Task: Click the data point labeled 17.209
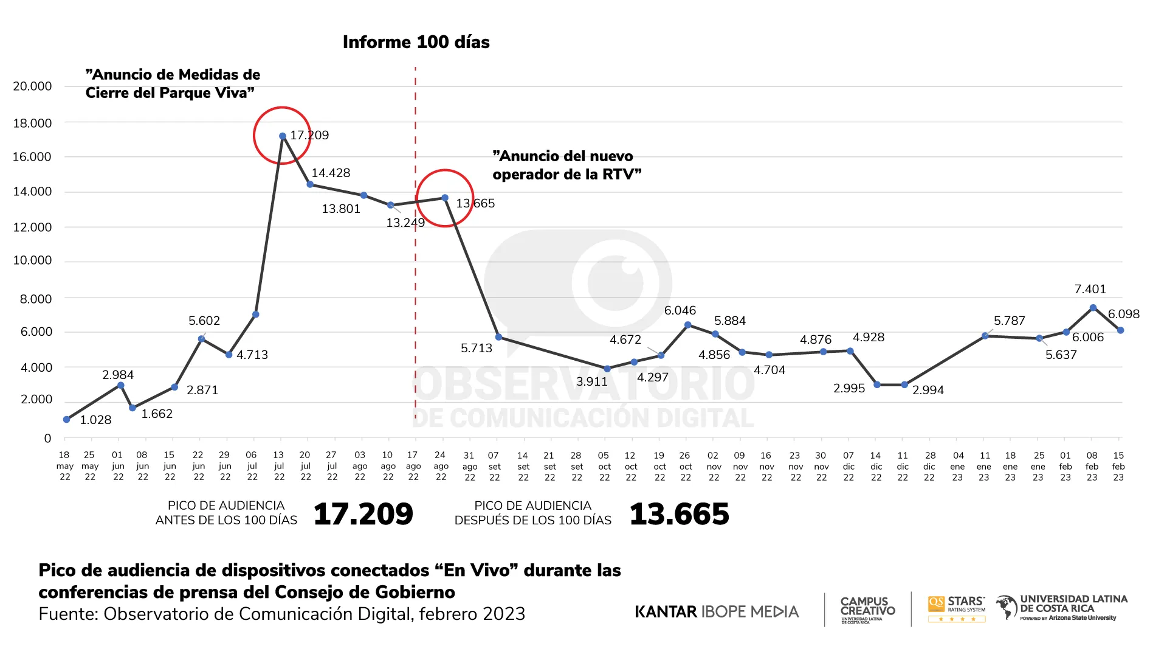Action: coord(283,136)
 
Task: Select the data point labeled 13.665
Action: coord(445,198)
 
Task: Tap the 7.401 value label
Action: coord(1090,290)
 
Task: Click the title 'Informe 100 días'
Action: coord(416,42)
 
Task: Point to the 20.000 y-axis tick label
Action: coord(33,86)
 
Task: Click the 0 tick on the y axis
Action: coord(47,439)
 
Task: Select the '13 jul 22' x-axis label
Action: coord(278,466)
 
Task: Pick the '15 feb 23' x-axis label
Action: coord(1118,466)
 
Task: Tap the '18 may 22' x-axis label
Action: coord(64,466)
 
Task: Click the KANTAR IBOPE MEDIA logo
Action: coord(717,611)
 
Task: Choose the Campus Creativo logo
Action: coord(867,610)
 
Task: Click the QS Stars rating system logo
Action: coord(957,609)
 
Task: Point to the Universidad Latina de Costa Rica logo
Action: coord(1062,608)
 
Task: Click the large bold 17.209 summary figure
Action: coord(363,514)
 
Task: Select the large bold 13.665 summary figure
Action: coord(679,514)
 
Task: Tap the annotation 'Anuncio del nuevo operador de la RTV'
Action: coord(566,165)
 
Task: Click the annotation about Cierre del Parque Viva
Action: coord(173,84)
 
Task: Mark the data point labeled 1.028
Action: coord(67,420)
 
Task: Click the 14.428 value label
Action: coord(331,173)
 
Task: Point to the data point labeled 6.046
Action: coord(688,325)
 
